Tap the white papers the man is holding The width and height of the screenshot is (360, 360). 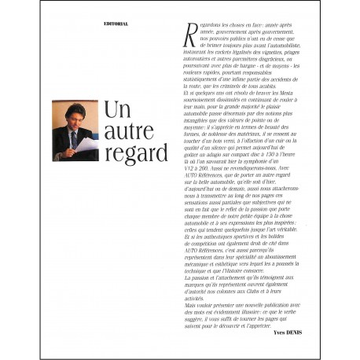click(87, 144)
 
